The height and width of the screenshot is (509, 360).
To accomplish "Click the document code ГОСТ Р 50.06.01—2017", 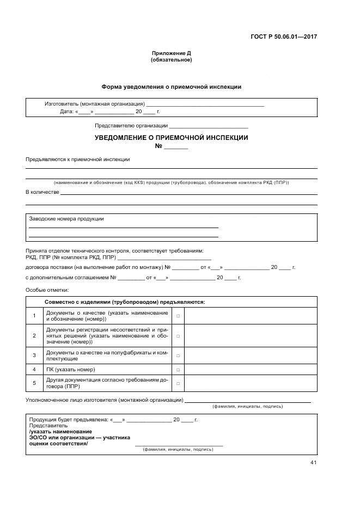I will [284, 37].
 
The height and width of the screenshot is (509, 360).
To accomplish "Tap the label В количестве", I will [42, 192].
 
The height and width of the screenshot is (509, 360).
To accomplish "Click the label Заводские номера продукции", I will [66, 219].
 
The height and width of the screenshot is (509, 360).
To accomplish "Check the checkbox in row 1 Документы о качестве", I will [178, 316].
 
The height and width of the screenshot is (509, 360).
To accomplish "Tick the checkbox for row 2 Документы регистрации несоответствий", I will [178, 336].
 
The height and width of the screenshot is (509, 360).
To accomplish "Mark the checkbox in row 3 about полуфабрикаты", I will [178, 355].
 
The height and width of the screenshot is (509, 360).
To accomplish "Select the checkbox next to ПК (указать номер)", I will [178, 370].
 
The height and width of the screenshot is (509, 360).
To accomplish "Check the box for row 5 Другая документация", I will [178, 384].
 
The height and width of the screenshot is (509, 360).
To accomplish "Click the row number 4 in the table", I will [34, 370].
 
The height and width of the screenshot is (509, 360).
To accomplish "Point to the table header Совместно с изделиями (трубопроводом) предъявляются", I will [125, 302].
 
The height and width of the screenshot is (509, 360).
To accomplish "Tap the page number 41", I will [313, 463].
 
